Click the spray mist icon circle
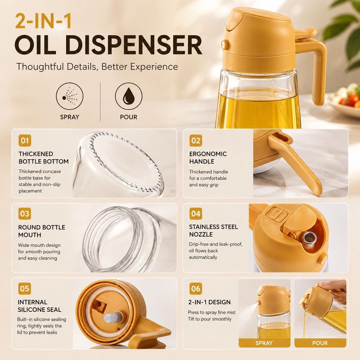70,96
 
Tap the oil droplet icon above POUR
129,96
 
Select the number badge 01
25,141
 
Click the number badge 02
195,141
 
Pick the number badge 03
25,214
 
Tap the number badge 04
195,214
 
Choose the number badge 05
25,288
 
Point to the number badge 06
195,288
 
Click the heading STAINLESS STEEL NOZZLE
213,231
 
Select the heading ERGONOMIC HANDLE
208,157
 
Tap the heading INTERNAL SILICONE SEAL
39,306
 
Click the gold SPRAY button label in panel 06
264,343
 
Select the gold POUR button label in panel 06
320,343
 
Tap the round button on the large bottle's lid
225,44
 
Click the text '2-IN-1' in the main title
43,21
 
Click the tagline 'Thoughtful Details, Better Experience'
97,66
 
